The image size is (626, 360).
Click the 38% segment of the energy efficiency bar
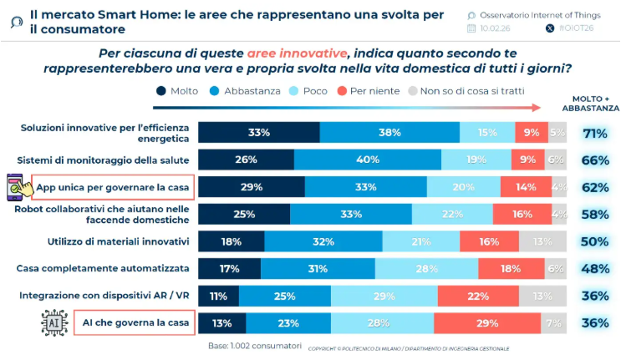point(389,132)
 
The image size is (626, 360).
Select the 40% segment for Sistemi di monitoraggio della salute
point(367,160)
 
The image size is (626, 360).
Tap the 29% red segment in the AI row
point(486,323)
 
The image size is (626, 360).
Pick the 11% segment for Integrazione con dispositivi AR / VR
point(219,296)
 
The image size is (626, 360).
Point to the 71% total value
point(594,133)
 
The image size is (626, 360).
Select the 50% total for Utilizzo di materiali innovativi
point(594,241)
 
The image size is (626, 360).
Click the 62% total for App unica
point(594,187)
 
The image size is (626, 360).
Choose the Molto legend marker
point(160,91)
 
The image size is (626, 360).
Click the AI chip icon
point(53,322)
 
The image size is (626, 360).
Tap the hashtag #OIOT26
point(576,28)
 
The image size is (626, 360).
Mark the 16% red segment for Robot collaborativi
point(522,214)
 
